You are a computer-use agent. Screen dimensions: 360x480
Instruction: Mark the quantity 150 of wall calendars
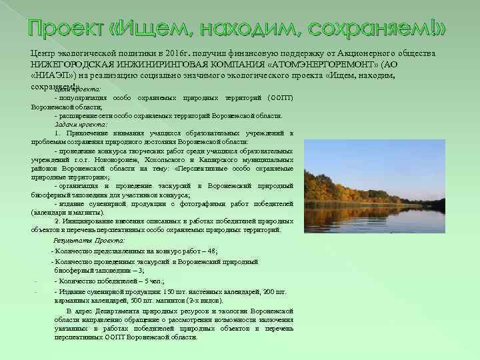point(169,291)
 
